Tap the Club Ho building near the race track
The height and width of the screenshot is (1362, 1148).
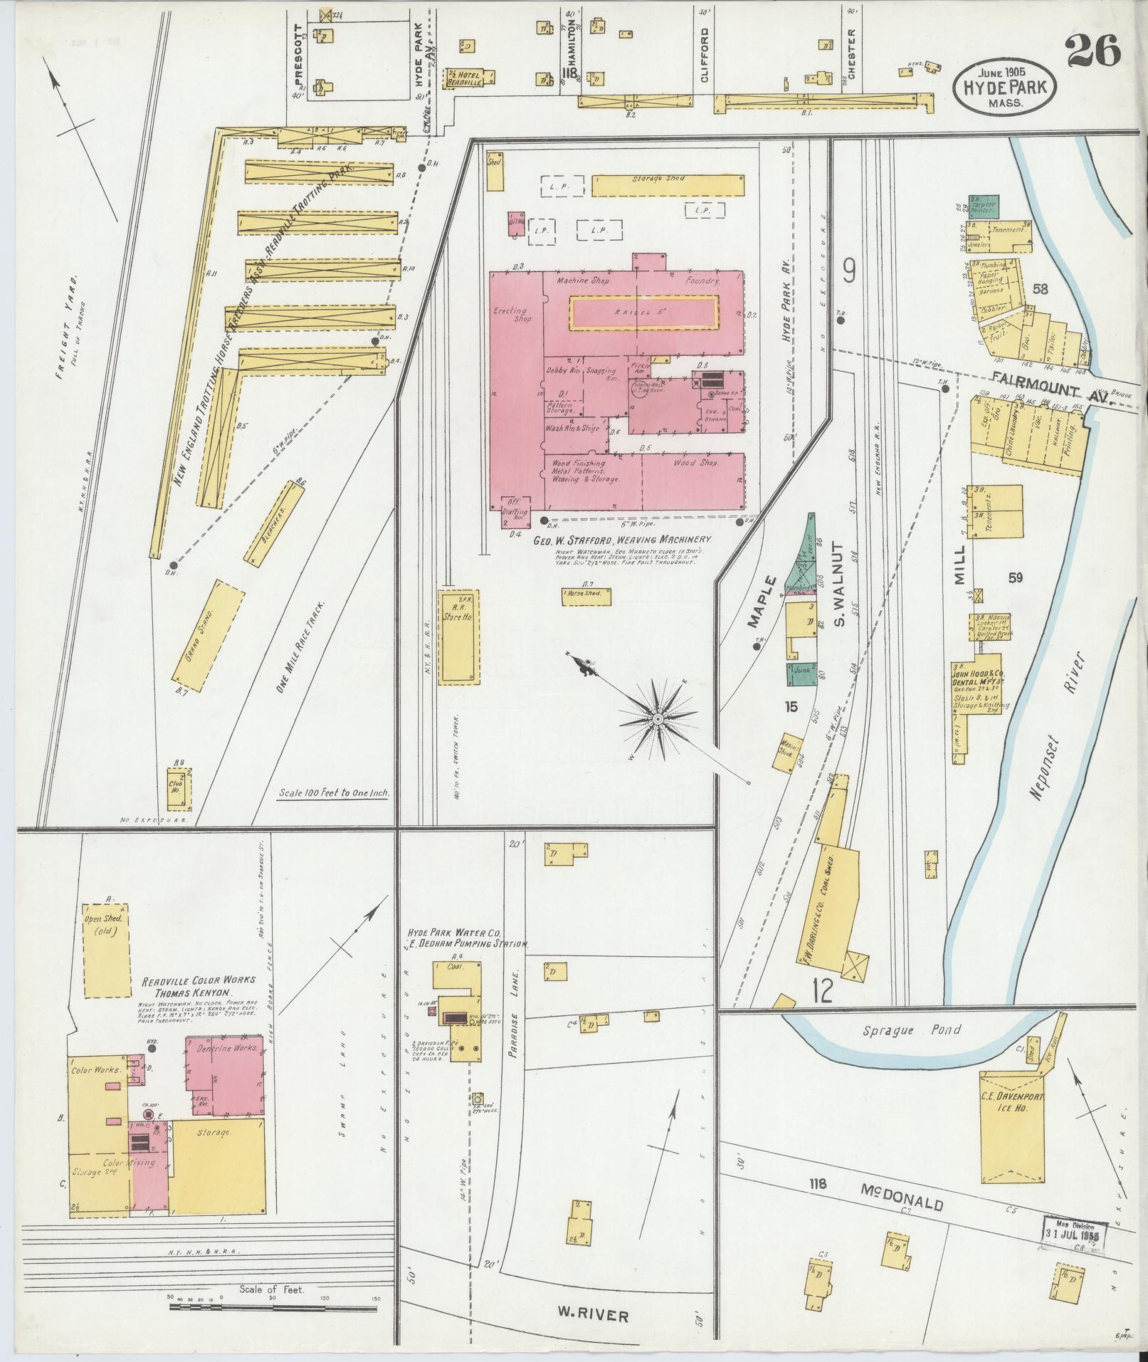[176, 788]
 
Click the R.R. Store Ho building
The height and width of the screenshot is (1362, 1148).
[458, 637]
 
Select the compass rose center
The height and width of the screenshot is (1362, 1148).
[659, 720]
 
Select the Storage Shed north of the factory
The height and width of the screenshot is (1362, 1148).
[668, 186]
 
